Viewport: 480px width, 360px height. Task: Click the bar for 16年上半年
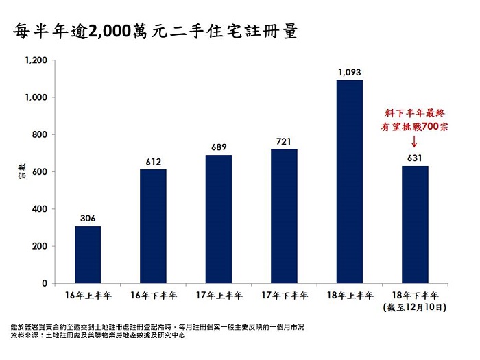click(88, 254)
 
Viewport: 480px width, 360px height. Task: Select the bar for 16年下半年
click(153, 226)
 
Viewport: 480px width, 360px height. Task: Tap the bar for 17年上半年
click(219, 219)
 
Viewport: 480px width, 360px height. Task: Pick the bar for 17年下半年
click(284, 216)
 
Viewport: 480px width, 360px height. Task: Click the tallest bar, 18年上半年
click(350, 182)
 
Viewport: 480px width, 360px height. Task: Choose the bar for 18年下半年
click(415, 224)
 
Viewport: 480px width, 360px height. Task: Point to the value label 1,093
click(350, 72)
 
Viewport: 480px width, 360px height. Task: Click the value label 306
click(88, 218)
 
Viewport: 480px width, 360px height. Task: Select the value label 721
click(284, 141)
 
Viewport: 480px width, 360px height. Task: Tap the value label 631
click(415, 158)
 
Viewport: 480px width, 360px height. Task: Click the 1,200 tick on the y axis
click(35, 60)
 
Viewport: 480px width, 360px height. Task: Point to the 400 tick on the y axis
click(39, 209)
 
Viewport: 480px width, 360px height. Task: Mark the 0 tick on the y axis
click(45, 283)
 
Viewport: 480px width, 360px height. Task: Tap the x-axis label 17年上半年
click(219, 296)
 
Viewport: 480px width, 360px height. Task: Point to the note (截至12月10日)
click(415, 308)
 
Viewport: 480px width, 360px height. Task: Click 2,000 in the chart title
click(110, 32)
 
